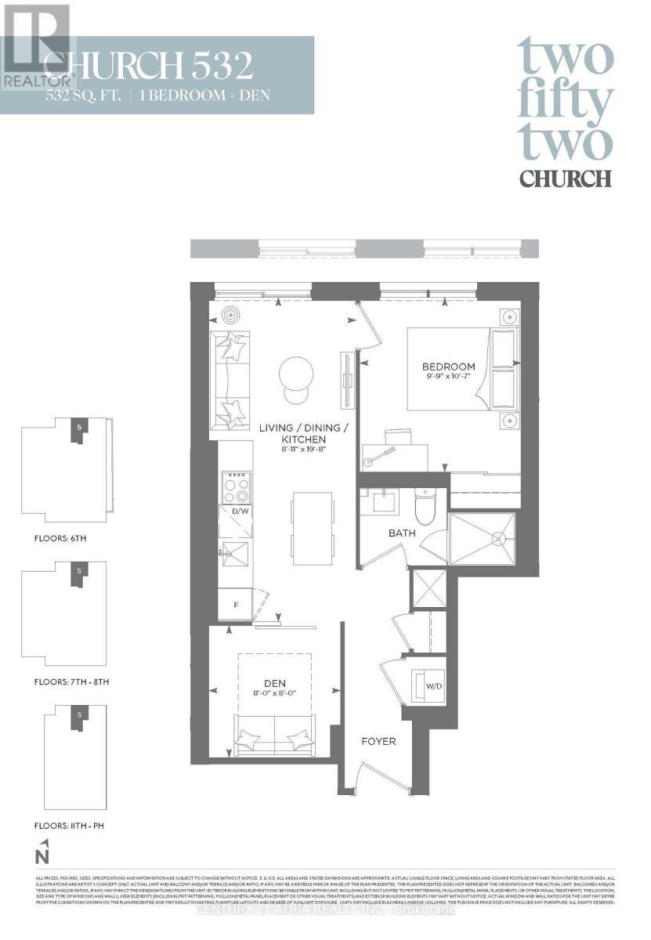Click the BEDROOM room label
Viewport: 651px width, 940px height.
click(448, 367)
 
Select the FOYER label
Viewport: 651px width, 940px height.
click(378, 741)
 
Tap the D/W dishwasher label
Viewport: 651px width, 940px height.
click(235, 512)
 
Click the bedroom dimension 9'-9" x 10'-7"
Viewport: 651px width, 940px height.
click(448, 378)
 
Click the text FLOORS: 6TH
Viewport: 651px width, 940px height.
click(54, 540)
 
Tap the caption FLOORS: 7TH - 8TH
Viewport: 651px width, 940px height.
click(65, 681)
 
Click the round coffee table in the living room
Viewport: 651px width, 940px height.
click(296, 377)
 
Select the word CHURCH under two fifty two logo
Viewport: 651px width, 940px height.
click(565, 179)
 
